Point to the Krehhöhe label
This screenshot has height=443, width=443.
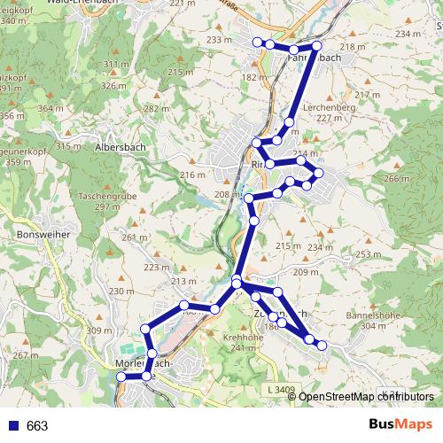(245, 338)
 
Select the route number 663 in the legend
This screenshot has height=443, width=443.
(37, 425)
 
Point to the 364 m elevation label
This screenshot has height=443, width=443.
(51, 108)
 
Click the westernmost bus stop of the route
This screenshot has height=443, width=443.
(120, 377)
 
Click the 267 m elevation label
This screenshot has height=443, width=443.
(21, 355)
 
